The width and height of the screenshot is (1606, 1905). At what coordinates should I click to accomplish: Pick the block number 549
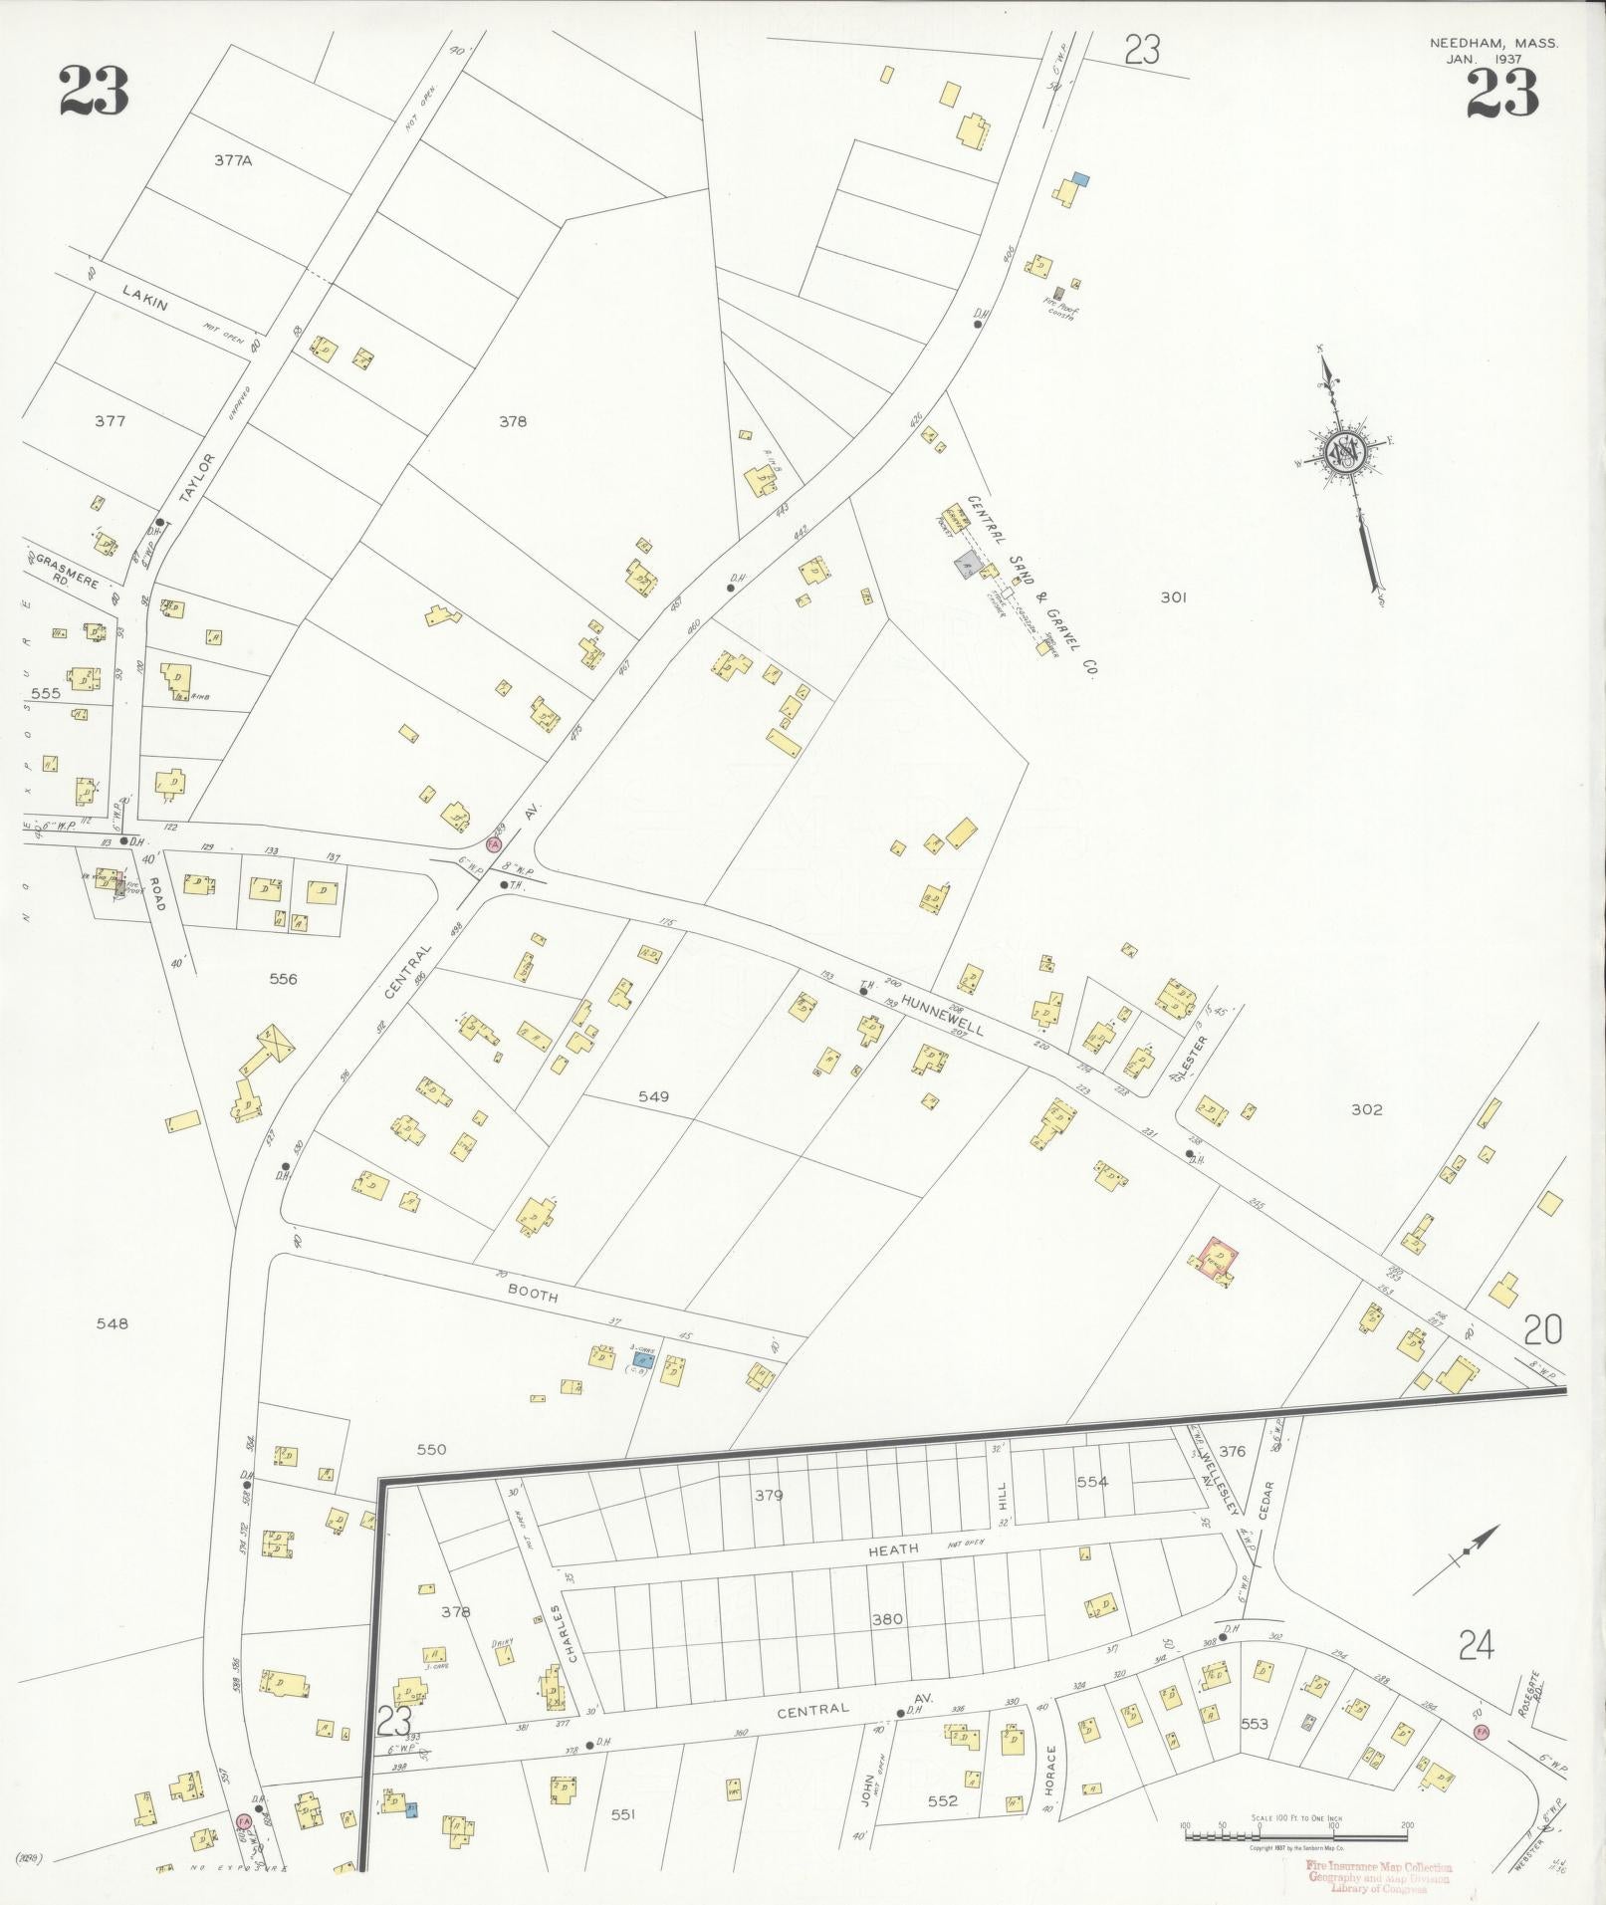tap(653, 1096)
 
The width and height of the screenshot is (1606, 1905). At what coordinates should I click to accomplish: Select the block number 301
tap(1174, 597)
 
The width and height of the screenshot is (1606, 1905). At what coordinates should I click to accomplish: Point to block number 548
tap(112, 1323)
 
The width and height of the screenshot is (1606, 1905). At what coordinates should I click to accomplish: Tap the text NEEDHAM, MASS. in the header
tap(1493, 44)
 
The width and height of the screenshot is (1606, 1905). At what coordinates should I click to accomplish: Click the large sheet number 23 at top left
tap(94, 92)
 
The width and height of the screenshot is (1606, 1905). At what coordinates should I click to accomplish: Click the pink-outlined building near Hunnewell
tap(1216, 1260)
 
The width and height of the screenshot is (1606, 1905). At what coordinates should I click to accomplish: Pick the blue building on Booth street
tap(644, 1357)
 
